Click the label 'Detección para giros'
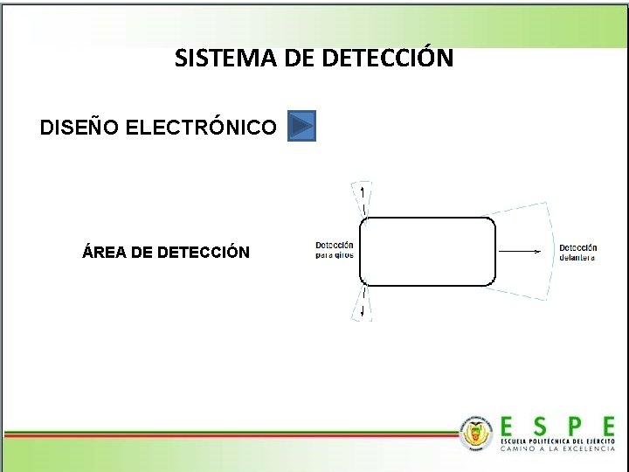point(335,250)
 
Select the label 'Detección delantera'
point(578,253)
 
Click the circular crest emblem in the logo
point(475,432)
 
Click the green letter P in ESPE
point(573,427)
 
